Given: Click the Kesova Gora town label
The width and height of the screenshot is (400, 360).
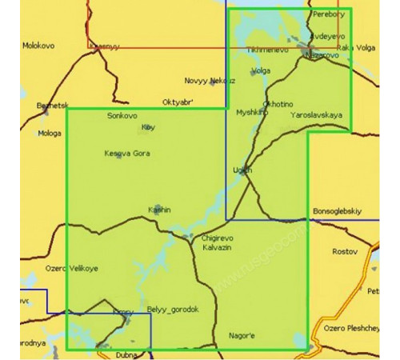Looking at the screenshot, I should point(126,153).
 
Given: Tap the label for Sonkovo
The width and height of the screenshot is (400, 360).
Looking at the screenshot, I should point(122,116).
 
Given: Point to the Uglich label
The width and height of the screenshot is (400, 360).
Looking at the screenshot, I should point(242,170).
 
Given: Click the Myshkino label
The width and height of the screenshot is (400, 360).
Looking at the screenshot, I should point(251,113).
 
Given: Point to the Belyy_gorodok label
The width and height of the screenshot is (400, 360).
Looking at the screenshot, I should point(173,310).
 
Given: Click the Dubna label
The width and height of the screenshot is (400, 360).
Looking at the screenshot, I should point(126,353).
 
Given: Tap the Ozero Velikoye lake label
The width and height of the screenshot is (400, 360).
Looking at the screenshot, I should point(72,268).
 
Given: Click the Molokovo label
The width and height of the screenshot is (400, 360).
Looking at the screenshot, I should point(40,46).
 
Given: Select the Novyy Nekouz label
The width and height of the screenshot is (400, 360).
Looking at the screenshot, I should point(210,81).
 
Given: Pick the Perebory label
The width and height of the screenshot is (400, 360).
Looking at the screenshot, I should point(329,14).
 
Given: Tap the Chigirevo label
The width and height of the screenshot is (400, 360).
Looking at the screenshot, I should point(217,238).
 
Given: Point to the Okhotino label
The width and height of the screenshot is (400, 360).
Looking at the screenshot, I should point(278,104).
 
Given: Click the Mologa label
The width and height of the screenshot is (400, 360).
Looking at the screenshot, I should point(49,134).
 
